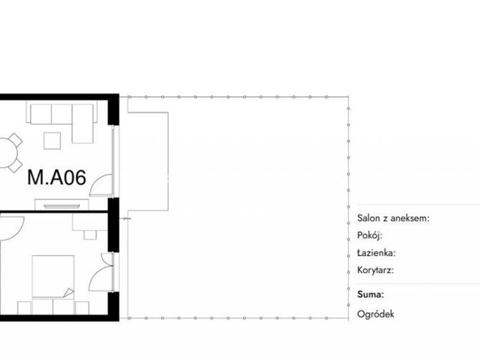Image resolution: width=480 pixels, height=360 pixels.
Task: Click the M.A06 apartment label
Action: tap(56, 178)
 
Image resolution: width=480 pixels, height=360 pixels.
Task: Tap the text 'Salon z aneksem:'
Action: tap(394, 218)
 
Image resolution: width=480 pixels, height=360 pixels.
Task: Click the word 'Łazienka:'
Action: tap(377, 253)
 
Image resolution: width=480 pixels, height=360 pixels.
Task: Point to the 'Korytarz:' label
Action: tap(376, 271)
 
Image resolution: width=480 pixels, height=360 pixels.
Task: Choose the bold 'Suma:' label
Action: tap(370, 295)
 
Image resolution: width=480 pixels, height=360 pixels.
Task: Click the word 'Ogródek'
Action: tap(376, 314)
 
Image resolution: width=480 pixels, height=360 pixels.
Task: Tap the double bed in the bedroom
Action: tap(53, 284)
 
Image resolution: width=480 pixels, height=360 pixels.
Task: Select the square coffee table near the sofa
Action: tap(52, 140)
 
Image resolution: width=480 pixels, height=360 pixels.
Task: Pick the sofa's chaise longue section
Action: tap(83, 124)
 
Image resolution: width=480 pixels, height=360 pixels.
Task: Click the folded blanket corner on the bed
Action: tap(69, 293)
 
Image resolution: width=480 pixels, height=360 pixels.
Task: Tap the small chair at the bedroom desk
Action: tap(90, 235)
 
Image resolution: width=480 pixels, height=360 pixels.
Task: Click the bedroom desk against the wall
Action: tap(91, 222)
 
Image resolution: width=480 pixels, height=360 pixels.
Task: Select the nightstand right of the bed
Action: tap(82, 308)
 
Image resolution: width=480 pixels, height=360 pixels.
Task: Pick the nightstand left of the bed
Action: tap(24, 308)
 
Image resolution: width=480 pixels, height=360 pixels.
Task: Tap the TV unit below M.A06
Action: tap(62, 205)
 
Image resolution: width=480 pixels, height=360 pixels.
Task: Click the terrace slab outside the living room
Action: tap(148, 161)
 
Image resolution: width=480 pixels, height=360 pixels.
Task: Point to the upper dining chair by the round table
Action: tap(16, 140)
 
